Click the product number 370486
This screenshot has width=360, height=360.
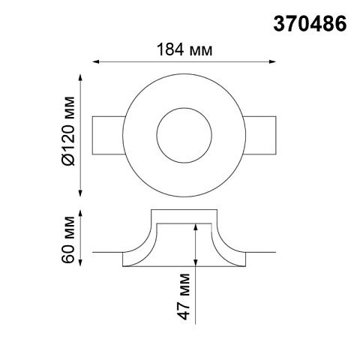(x=310, y=24)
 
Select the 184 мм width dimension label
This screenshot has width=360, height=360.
(x=184, y=49)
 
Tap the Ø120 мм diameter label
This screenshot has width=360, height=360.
(x=68, y=130)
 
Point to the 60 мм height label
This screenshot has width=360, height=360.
(x=68, y=239)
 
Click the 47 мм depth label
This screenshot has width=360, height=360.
(x=184, y=296)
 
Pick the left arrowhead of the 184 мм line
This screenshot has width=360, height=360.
(x=95, y=61)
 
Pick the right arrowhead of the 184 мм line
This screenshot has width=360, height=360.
(x=273, y=61)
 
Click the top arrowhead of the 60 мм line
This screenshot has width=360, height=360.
(x=80, y=213)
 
